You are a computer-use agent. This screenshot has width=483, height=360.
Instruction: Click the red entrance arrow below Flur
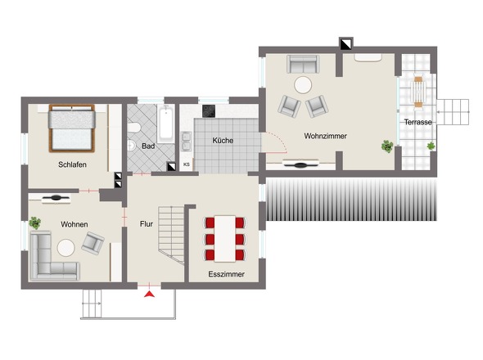click(x=149, y=294)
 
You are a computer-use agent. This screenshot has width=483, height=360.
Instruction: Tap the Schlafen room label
click(x=72, y=164)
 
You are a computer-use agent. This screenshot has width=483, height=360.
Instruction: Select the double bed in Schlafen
click(x=72, y=128)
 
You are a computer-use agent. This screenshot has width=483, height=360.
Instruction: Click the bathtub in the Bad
click(x=165, y=124)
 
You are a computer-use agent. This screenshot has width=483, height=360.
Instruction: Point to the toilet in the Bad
click(x=134, y=127)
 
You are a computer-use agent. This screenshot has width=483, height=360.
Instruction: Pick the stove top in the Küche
click(x=209, y=111)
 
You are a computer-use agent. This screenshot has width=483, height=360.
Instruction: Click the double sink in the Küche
click(x=187, y=142)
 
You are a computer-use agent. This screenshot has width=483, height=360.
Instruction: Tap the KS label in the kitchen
click(x=187, y=164)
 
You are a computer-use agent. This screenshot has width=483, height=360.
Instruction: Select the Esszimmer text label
click(x=227, y=274)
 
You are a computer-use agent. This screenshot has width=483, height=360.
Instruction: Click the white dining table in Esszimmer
click(x=225, y=239)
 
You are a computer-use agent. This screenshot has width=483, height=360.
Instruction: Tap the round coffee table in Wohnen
click(x=66, y=248)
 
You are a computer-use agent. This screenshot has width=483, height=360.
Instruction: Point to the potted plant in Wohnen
click(x=35, y=223)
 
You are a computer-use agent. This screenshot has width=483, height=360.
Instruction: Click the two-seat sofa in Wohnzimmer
click(x=303, y=64)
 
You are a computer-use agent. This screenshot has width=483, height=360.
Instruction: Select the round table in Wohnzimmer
click(x=303, y=85)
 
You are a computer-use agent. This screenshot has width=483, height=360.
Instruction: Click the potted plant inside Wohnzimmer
click(x=387, y=146)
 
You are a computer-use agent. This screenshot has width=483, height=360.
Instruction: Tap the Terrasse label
click(x=418, y=122)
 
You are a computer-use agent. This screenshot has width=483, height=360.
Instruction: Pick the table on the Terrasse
click(x=418, y=92)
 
